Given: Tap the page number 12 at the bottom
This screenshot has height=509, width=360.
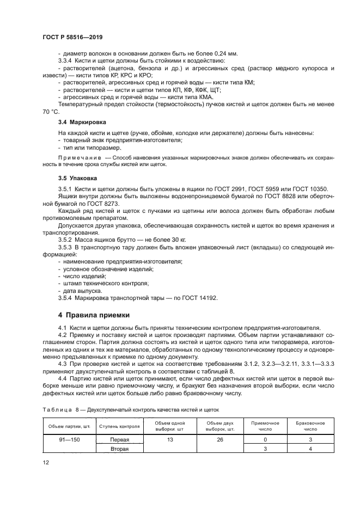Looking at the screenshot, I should (46, 462).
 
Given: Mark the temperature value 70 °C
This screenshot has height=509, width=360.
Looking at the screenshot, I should (50, 111).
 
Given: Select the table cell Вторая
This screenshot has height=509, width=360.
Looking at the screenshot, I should (119, 449).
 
